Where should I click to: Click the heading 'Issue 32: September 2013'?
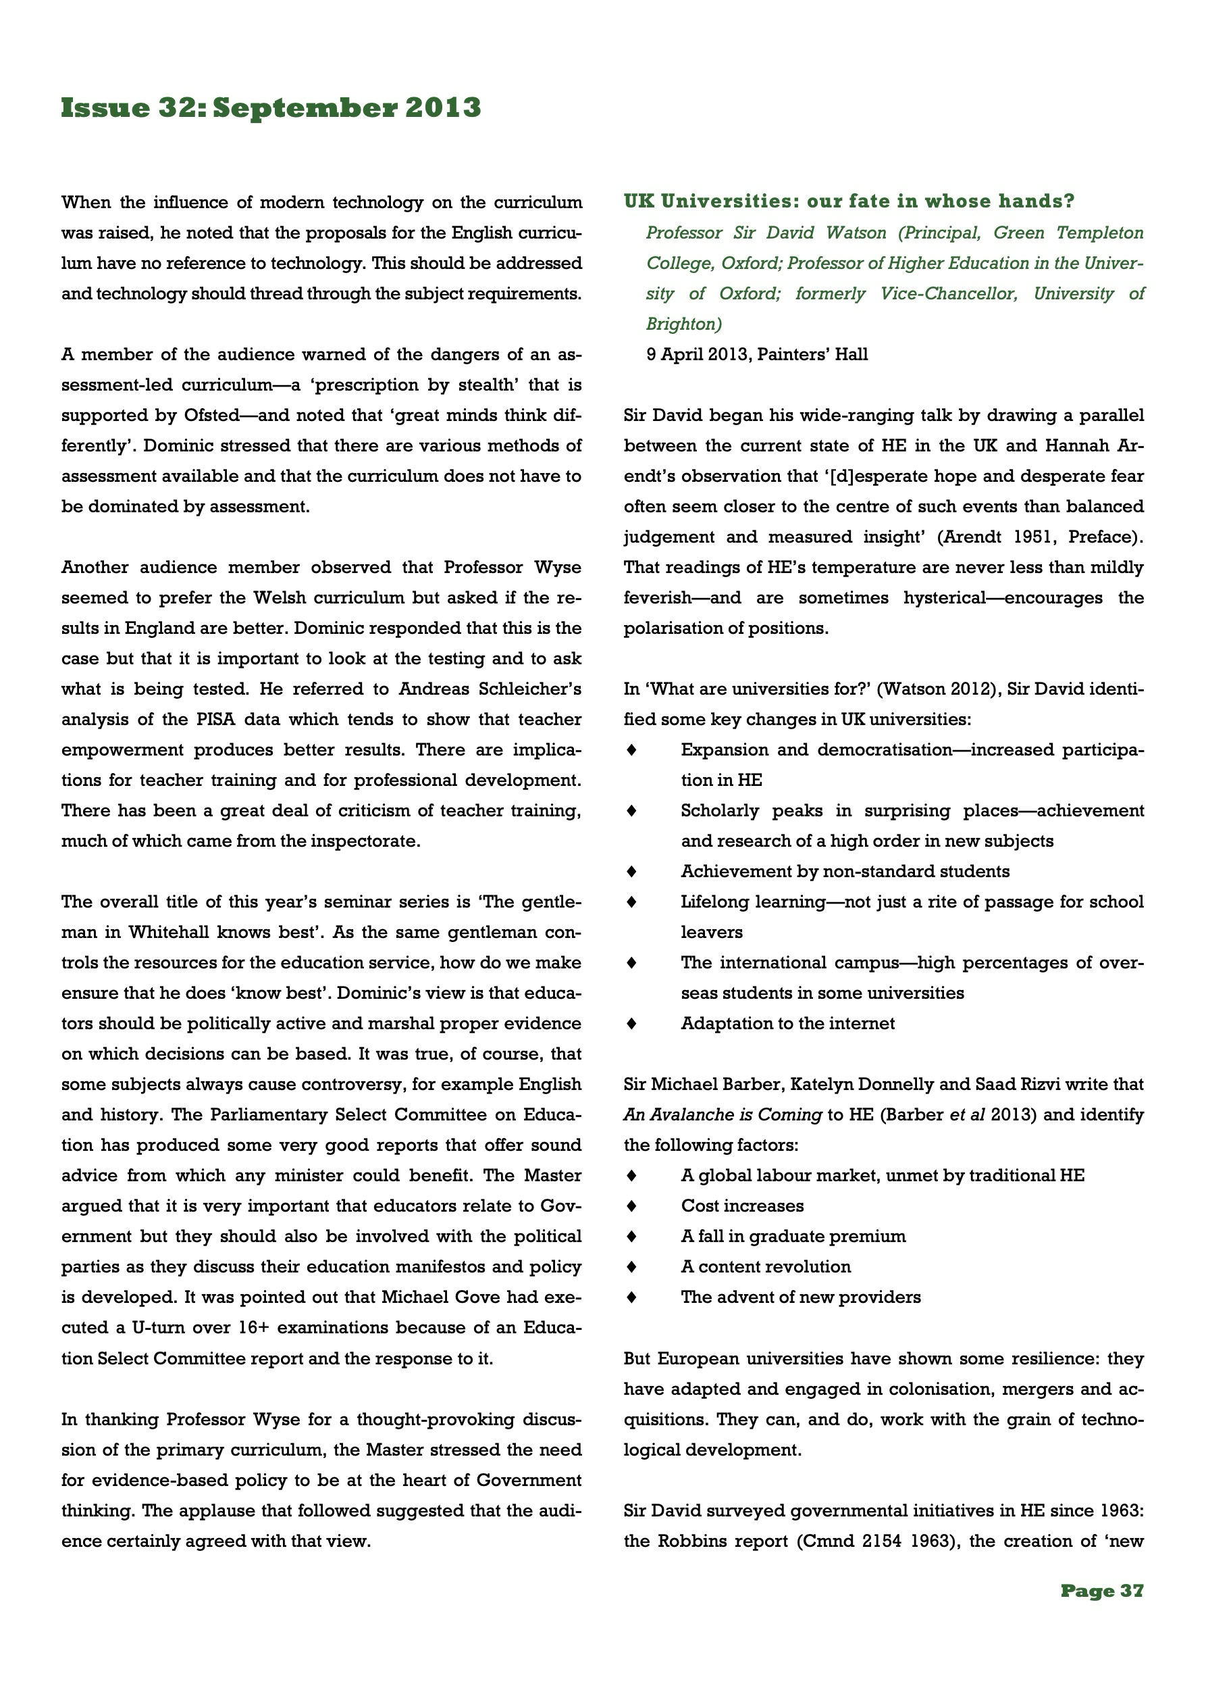(x=271, y=108)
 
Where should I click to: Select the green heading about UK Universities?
(x=849, y=201)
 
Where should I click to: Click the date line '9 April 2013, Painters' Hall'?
(x=756, y=355)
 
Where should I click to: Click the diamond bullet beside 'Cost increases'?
(x=631, y=1206)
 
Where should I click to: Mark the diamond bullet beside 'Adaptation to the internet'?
(x=631, y=1024)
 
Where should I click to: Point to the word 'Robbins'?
(x=692, y=1541)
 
